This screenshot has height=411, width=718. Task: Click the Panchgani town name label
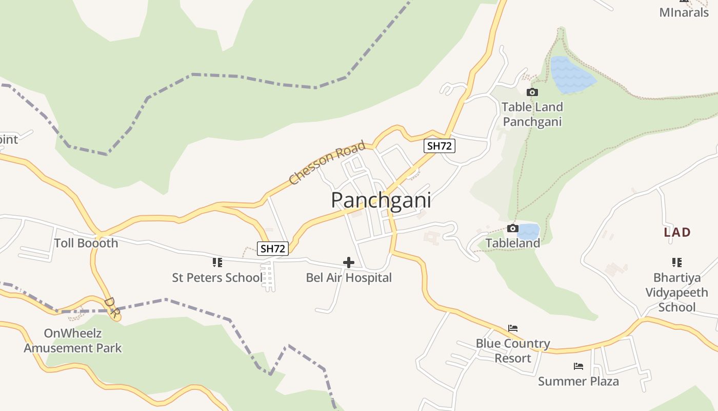click(381, 200)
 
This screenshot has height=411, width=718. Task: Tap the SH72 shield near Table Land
click(440, 146)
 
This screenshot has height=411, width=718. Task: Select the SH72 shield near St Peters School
click(273, 249)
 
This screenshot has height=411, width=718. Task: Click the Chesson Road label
click(327, 162)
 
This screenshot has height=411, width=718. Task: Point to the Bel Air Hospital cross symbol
click(349, 263)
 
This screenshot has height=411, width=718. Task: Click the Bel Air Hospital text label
click(349, 278)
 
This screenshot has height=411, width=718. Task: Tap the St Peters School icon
click(217, 263)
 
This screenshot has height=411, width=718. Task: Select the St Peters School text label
click(217, 278)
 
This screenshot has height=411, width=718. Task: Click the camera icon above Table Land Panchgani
click(532, 92)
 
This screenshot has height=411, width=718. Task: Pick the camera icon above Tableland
click(512, 229)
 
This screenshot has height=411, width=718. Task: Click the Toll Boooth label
click(86, 243)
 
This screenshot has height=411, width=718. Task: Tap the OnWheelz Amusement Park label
click(73, 341)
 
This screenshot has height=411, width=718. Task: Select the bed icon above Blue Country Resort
click(513, 328)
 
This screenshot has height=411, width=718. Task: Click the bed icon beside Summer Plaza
click(579, 366)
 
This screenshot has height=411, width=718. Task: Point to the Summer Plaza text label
click(579, 381)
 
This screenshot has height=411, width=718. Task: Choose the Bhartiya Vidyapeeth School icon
click(677, 263)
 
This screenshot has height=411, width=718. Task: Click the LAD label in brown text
click(677, 232)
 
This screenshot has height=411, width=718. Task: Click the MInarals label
click(684, 12)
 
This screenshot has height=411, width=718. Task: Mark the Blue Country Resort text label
click(513, 350)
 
